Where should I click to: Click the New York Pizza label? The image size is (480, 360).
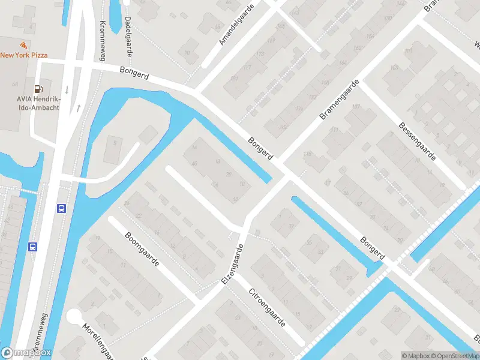click(x=24, y=55)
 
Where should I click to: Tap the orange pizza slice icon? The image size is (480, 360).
click(x=23, y=46)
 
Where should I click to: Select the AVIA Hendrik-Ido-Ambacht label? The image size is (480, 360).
click(x=23, y=94)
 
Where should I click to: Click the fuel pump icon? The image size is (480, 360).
click(x=37, y=88)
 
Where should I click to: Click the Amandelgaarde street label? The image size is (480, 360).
click(x=237, y=24)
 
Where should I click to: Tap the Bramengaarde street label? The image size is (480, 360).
click(x=340, y=98)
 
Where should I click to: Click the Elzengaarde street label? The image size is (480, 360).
click(x=236, y=263)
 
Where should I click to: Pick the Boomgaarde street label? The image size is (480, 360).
click(x=141, y=250)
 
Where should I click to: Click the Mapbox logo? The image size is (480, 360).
click(x=26, y=353)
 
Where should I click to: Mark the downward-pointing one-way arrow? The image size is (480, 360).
click(x=67, y=90)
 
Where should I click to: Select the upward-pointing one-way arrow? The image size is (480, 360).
click(x=78, y=109)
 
